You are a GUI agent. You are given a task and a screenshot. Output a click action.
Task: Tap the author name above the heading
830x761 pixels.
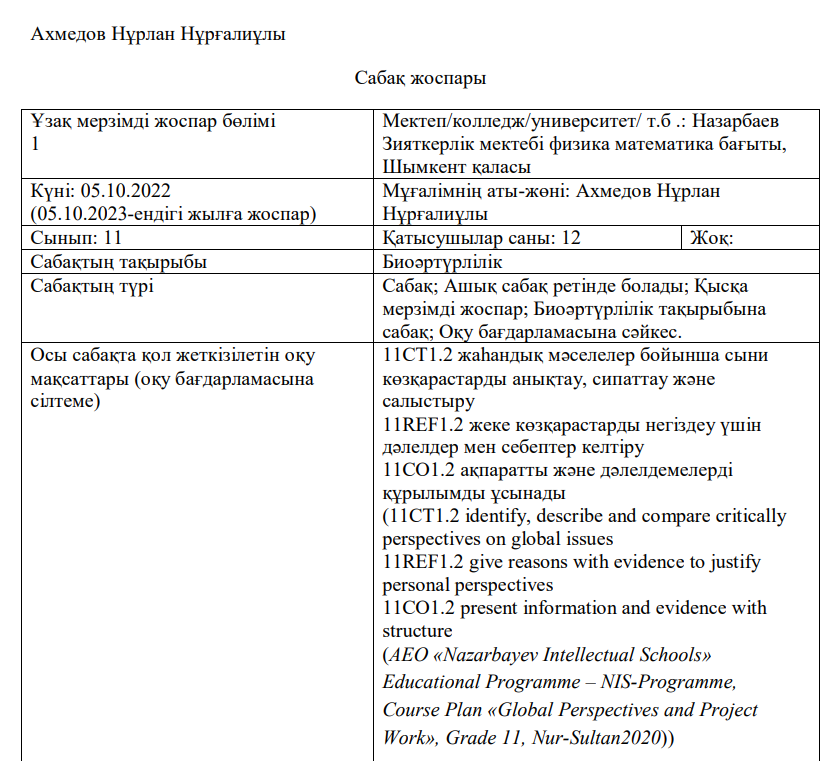158,34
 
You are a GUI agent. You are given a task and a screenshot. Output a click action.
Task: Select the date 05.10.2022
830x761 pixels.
133,190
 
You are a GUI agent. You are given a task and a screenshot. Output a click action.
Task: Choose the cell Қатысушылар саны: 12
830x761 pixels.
481,238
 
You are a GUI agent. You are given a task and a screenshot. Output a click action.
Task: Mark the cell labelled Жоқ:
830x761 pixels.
712,238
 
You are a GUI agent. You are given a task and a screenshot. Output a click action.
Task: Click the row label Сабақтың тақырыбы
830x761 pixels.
119,262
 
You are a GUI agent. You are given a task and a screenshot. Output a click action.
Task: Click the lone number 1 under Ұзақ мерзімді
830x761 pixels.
36,144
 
